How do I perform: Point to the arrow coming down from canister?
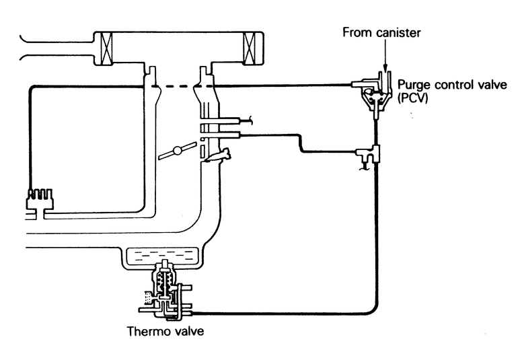(383, 57)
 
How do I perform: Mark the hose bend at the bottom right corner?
(372, 308)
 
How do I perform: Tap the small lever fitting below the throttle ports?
(217, 156)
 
